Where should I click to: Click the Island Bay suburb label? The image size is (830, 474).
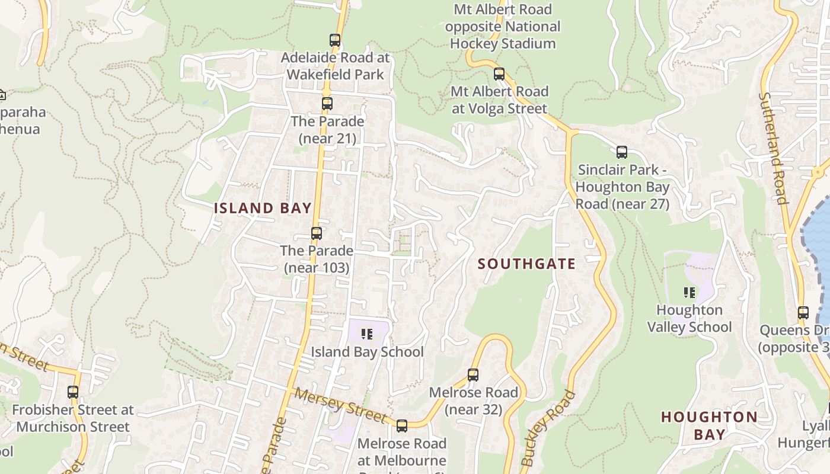(x=263, y=208)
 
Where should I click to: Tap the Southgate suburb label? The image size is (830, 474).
(x=526, y=264)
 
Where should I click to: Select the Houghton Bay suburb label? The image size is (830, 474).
(x=709, y=425)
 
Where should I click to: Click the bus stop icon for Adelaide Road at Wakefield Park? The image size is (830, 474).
(x=335, y=40)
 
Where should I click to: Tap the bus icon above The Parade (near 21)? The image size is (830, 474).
(x=327, y=104)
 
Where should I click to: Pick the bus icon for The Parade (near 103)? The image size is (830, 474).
(x=317, y=233)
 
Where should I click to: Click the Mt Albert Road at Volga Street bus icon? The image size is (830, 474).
(x=499, y=74)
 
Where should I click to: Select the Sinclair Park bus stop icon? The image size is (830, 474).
(x=622, y=152)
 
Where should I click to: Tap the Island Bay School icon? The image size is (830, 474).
(x=368, y=334)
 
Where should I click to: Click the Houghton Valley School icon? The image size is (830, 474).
(x=689, y=292)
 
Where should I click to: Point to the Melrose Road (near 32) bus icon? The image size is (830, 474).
(x=473, y=375)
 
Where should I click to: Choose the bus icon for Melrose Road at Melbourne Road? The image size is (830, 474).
(x=402, y=426)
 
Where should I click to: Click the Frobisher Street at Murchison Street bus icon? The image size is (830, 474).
(x=73, y=392)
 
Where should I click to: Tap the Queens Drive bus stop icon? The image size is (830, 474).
(x=803, y=313)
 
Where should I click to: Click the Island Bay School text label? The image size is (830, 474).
(x=368, y=352)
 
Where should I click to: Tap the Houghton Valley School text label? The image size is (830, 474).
(x=689, y=319)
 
